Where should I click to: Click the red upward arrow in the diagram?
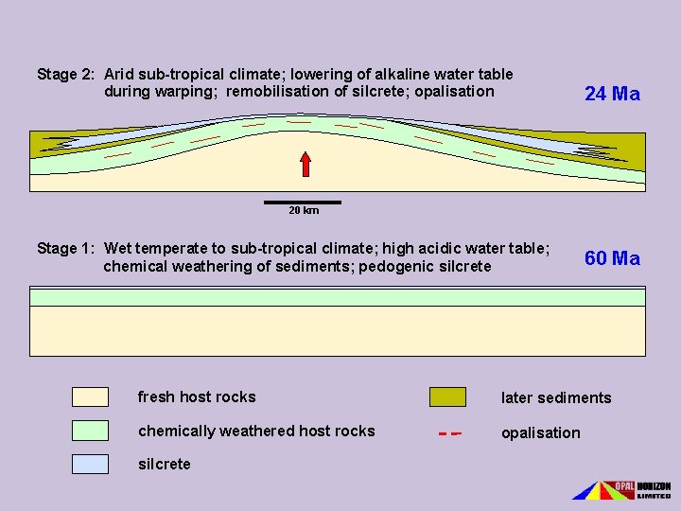coord(306,163)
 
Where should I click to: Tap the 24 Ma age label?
coord(612,94)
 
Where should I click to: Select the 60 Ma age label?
coord(612,258)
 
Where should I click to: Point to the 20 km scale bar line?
coord(303,202)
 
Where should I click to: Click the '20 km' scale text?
coord(303,210)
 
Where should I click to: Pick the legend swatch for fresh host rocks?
coord(90,396)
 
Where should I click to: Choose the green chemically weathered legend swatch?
coord(90,431)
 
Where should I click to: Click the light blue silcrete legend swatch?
coord(90,464)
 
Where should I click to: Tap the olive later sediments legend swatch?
coord(447,396)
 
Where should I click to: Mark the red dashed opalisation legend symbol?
coord(449,433)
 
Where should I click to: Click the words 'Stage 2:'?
coord(65,74)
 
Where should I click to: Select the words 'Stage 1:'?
coord(65,249)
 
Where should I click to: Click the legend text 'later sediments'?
coord(556,397)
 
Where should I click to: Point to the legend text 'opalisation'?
coord(540,432)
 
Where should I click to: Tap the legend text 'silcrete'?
coord(164,464)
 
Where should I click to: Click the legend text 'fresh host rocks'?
coord(197,396)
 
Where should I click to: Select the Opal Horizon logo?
coord(621,489)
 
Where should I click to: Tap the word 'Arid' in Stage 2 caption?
coord(120,74)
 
